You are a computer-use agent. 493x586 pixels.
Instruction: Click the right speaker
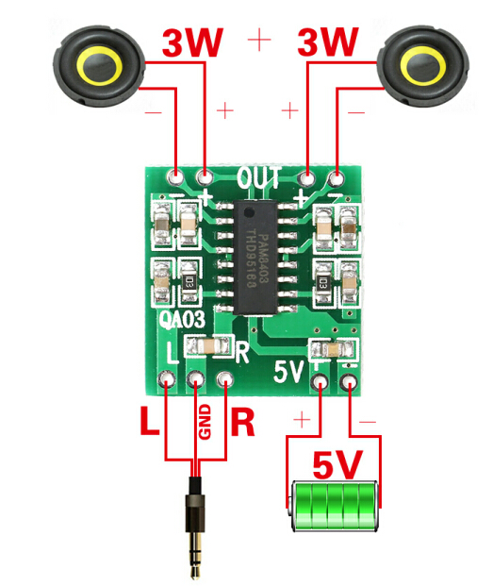click(x=421, y=65)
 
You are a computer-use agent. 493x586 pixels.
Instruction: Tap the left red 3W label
click(x=193, y=42)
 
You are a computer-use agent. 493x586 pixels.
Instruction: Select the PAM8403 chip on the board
click(x=265, y=255)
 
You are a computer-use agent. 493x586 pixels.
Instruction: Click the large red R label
click(x=242, y=422)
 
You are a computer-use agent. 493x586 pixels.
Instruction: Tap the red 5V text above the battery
click(x=336, y=464)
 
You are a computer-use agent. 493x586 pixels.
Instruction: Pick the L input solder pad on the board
click(x=167, y=381)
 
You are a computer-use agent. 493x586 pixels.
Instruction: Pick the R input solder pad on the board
click(x=225, y=381)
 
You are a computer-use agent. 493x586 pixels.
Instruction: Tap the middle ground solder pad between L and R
click(x=196, y=381)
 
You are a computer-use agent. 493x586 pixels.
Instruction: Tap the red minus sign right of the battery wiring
click(x=367, y=419)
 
